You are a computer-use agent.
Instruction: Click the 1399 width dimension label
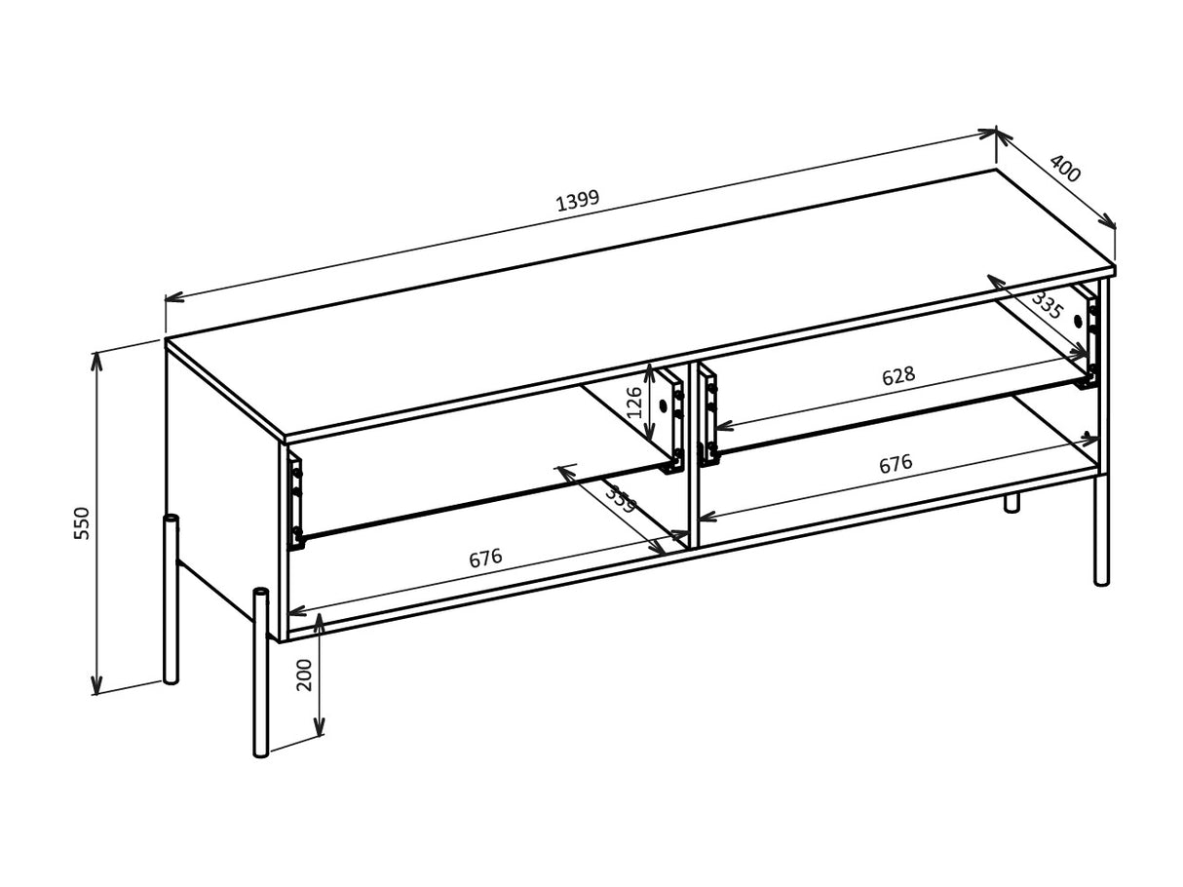578,201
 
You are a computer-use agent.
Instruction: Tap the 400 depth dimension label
1065,169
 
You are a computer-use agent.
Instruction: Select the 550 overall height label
82,522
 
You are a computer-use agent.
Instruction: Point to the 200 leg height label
305,675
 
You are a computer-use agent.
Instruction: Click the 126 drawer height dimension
634,402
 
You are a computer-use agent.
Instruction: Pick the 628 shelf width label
897,376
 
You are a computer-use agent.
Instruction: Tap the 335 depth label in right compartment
1047,305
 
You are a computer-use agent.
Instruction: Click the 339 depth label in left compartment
620,499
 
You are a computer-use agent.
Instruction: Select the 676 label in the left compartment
485,559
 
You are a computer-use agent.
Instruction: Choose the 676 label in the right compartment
896,464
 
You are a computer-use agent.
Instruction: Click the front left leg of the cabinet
260,673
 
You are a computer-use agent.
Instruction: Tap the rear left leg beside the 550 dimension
172,599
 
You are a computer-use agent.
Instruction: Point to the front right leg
1101,531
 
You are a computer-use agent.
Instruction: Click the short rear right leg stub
1011,502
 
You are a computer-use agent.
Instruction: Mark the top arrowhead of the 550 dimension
96,359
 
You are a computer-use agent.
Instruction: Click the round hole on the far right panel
1078,321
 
